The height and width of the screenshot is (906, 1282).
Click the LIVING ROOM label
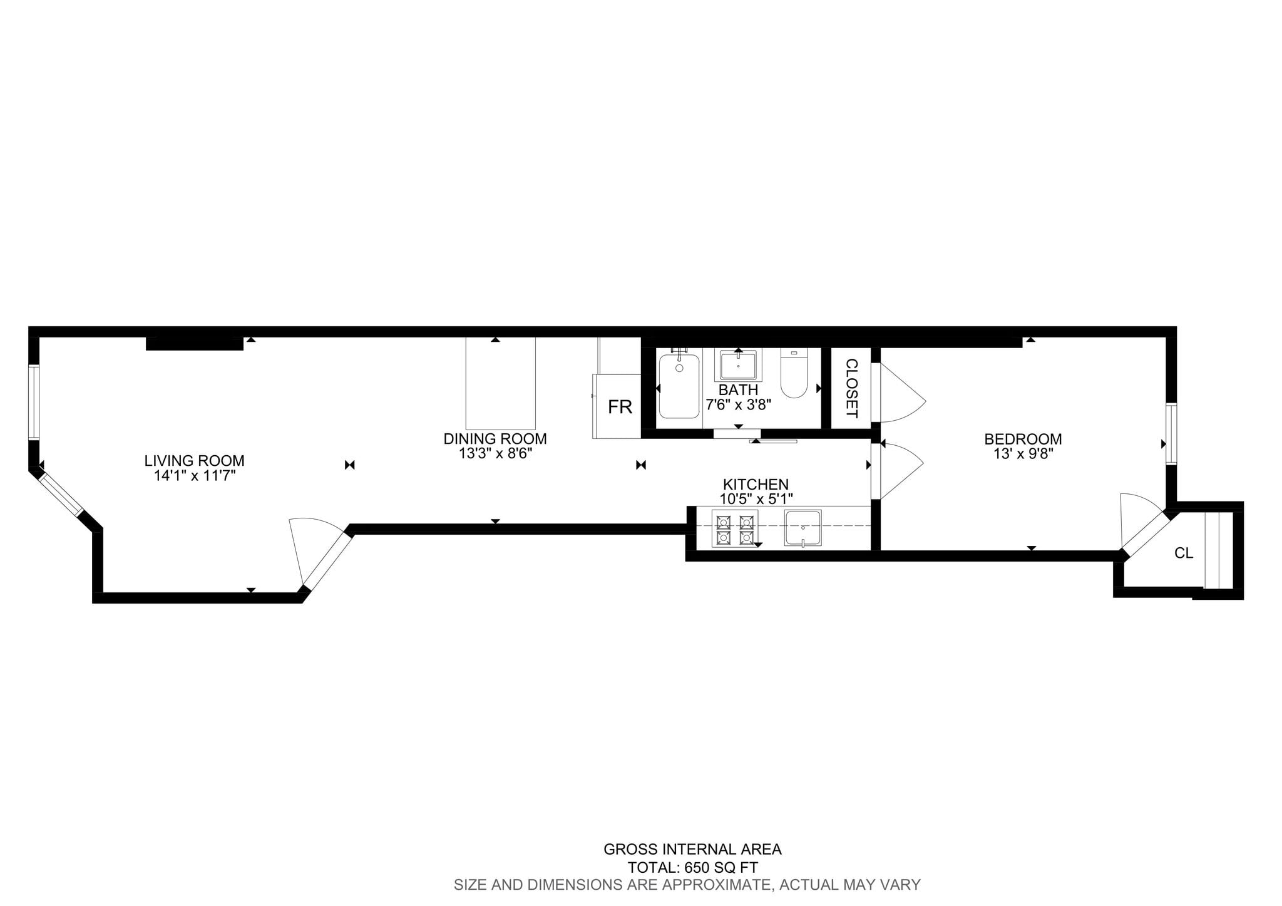[194, 461]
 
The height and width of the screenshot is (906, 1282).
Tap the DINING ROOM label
[495, 439]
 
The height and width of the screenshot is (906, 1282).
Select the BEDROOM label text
[1023, 440]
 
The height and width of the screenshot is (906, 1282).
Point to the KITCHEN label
[756, 485]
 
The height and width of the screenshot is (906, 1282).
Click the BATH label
[738, 390]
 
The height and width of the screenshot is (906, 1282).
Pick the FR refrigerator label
[620, 408]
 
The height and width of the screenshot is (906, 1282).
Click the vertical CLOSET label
[851, 389]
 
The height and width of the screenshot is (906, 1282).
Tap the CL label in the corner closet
[1184, 553]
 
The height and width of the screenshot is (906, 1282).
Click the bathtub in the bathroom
[679, 386]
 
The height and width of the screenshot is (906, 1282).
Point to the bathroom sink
[738, 365]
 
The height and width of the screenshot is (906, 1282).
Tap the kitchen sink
[803, 528]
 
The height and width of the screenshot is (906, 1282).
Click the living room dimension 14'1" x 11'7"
[194, 476]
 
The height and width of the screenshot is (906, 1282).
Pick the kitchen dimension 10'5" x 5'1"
[756, 499]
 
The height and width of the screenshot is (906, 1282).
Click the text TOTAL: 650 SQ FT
[693, 868]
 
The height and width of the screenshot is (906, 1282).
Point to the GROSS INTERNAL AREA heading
[692, 850]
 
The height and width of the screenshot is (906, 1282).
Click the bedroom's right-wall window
[1171, 434]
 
